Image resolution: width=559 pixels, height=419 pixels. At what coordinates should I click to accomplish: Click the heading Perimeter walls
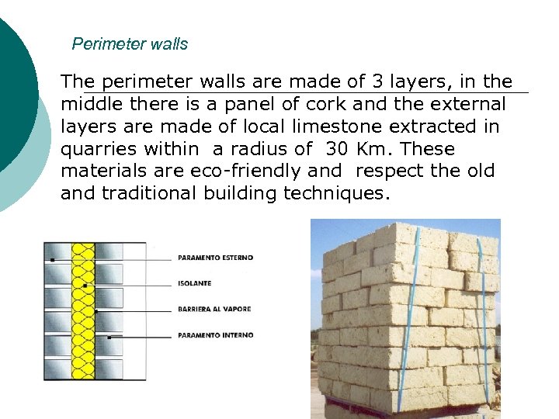[130, 44]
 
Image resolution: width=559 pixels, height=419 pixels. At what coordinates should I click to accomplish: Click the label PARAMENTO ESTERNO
[215, 258]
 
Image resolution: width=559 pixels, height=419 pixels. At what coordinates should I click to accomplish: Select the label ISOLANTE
[194, 283]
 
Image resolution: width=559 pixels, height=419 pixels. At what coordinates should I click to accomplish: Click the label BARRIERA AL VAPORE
[214, 309]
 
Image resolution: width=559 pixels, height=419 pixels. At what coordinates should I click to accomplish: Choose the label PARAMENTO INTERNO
[215, 335]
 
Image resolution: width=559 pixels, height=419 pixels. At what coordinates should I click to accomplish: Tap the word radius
[238, 149]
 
